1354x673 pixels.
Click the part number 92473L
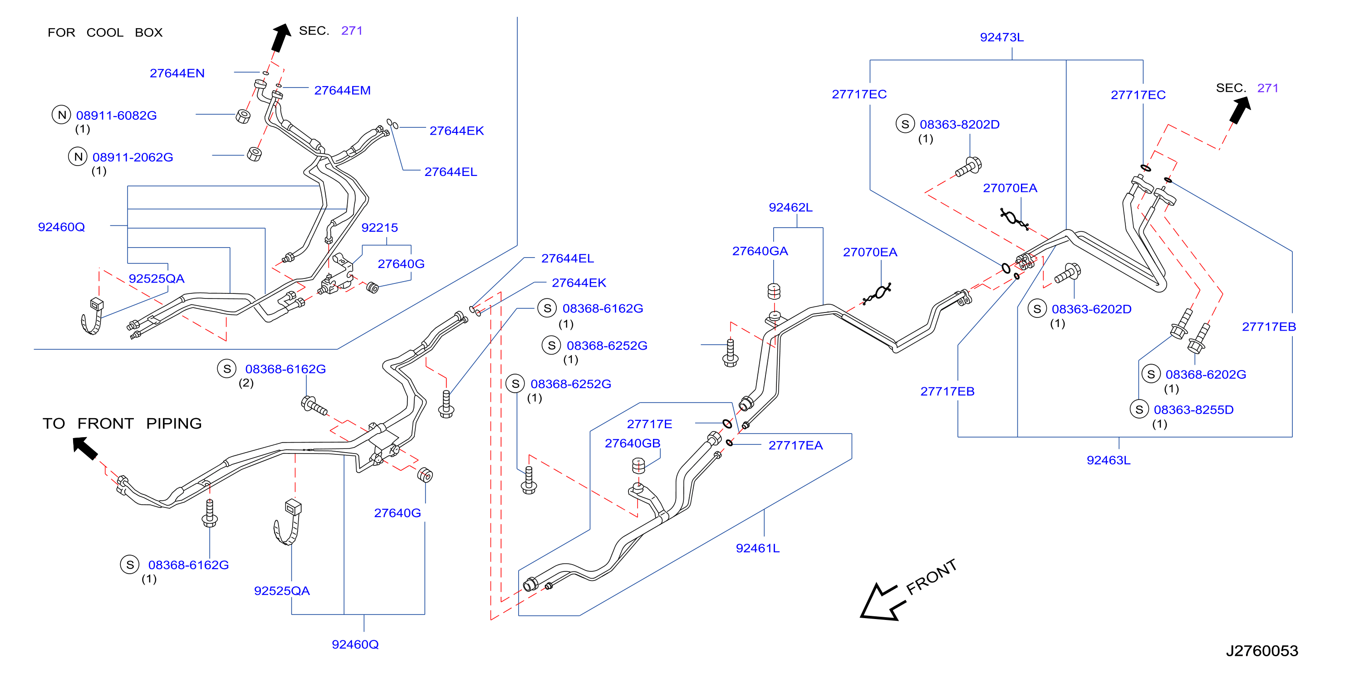point(1001,37)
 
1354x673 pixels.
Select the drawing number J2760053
point(1261,650)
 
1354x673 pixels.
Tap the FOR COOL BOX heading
point(105,33)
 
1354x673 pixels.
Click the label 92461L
point(757,548)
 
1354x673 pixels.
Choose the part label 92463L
point(1108,460)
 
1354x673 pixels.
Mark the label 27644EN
point(177,73)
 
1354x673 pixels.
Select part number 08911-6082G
point(116,115)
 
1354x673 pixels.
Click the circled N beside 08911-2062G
point(78,156)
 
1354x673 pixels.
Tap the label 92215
point(379,228)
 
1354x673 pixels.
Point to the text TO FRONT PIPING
point(122,423)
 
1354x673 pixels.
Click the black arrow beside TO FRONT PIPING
point(85,448)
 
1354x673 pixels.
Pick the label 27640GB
point(633,443)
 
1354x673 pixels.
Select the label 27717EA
point(795,445)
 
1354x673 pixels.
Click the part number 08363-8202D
point(959,125)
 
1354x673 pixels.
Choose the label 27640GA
point(760,251)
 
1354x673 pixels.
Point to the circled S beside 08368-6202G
point(1151,374)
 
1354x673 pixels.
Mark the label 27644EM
point(342,90)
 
